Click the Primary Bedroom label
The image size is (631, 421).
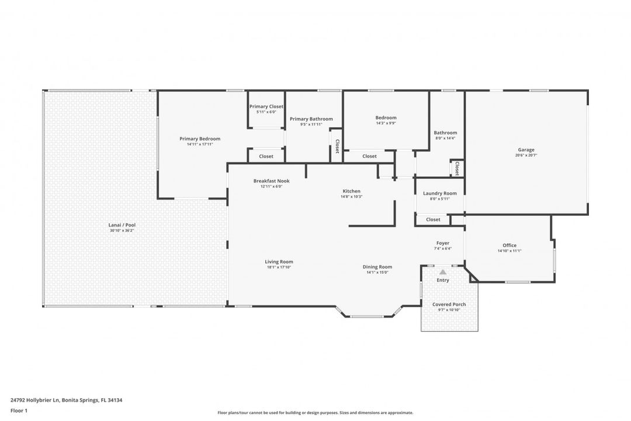coord(200,139)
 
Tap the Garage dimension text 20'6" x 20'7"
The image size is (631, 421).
coord(526,156)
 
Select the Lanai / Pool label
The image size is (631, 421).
coord(122,225)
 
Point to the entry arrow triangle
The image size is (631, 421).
coord(443,272)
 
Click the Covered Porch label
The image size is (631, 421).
coord(449,304)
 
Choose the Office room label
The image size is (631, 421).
coord(509,245)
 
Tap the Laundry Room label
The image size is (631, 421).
coord(439,193)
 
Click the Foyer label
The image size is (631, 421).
coord(443,243)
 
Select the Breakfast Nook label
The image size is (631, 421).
coord(271,181)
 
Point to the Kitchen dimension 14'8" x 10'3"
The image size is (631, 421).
coord(352,196)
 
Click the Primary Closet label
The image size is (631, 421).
coord(266,106)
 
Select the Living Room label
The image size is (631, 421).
coord(279,261)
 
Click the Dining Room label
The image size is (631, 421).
coord(377,267)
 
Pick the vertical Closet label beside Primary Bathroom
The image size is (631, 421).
coord(337,146)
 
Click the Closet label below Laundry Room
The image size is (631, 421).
coord(433,219)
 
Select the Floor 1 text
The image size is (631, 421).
coord(19,410)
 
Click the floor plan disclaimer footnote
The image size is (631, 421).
coord(315,412)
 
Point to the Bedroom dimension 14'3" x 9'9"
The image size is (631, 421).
coord(386,123)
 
